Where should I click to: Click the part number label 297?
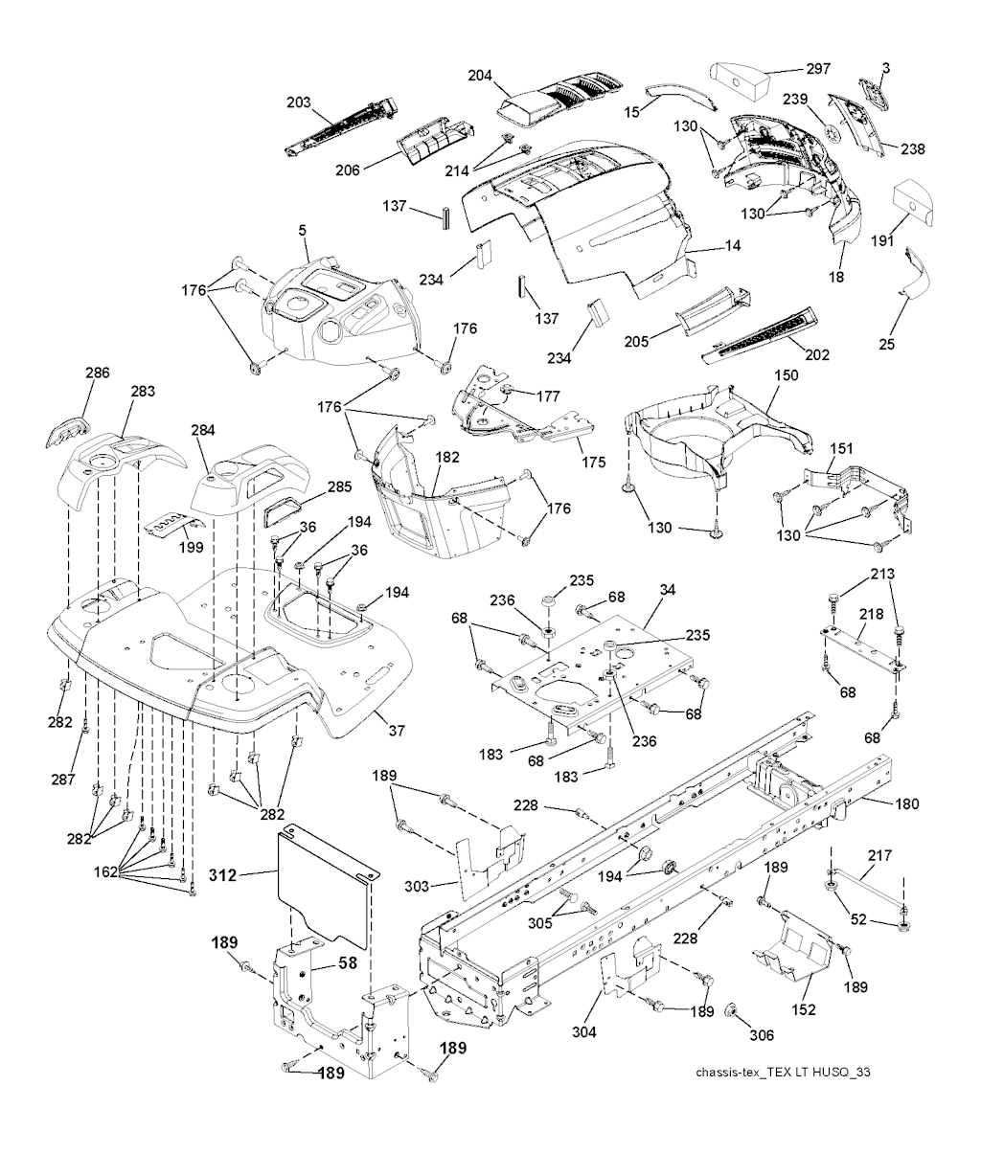[x=818, y=68]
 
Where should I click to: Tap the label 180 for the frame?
[x=905, y=804]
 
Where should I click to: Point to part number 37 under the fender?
[x=396, y=731]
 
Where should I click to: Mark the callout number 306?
[x=762, y=1034]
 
